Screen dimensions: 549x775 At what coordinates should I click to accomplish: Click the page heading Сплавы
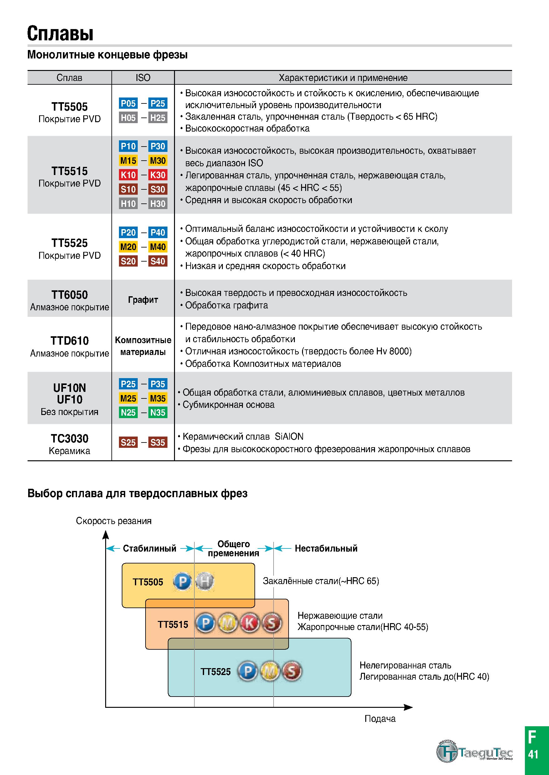point(60,33)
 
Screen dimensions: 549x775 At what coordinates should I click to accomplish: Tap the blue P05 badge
point(128,103)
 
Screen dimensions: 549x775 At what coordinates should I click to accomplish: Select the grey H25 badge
point(158,118)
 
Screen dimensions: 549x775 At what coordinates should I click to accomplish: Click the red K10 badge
point(128,175)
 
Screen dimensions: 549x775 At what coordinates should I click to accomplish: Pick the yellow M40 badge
point(158,247)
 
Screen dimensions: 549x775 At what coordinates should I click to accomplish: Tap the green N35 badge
point(158,412)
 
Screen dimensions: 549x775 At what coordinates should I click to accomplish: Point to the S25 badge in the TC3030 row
point(128,442)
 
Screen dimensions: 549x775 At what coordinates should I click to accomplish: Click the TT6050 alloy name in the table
point(69,295)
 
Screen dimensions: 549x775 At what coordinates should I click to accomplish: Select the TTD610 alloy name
point(69,341)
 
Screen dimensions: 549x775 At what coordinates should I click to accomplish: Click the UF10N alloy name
point(69,388)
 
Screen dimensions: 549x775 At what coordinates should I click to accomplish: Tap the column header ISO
point(143,77)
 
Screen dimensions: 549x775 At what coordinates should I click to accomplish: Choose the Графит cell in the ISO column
point(143,300)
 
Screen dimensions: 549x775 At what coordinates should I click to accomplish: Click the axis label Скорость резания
point(114,521)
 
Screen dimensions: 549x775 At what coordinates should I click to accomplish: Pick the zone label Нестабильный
point(326,548)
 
